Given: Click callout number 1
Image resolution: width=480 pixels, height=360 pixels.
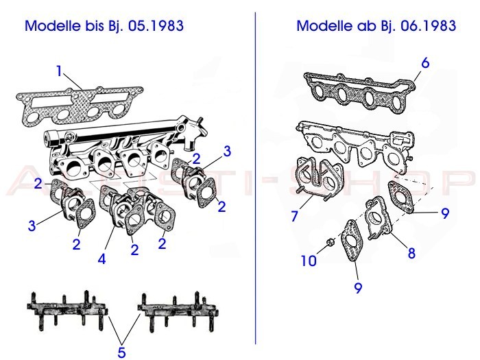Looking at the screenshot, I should coord(60,71).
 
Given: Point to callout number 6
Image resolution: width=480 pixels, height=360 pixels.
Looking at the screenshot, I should coord(425,63).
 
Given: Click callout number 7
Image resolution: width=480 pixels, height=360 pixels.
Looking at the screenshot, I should coord(294,216).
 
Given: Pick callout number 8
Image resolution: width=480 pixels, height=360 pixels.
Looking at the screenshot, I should coord(411,252).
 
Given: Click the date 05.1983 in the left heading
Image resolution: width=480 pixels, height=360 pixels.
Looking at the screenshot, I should coord(158,26).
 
